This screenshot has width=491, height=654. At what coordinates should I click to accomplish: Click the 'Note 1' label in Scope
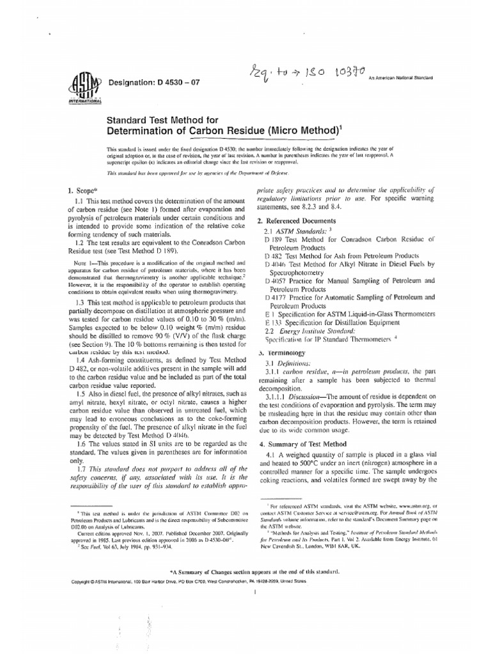[x=80, y=262]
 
